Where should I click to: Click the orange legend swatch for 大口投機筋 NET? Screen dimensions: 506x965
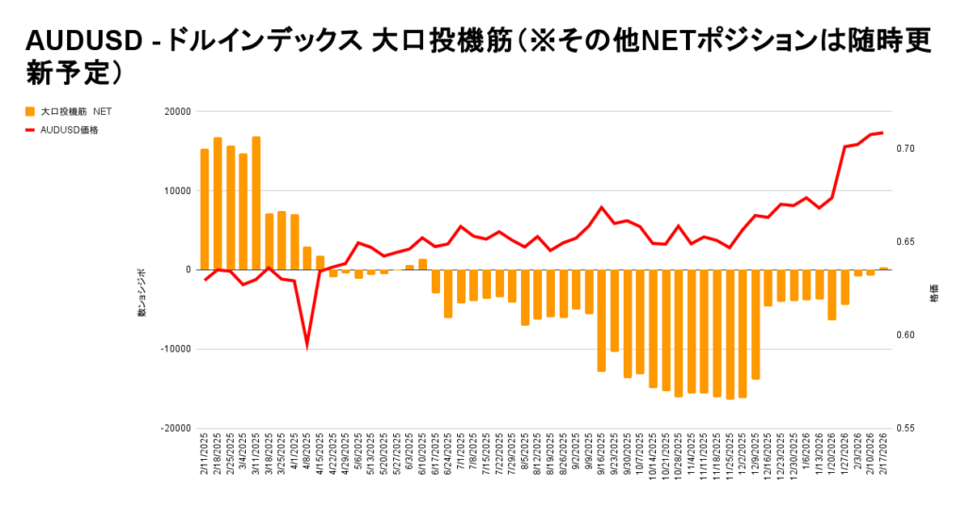tap(30, 111)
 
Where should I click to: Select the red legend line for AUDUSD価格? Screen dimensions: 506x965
tap(30, 130)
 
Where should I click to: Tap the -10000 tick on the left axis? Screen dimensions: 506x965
tap(175, 349)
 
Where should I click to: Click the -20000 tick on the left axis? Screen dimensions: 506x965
tap(175, 428)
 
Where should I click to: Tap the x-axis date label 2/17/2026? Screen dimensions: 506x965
tap(884, 455)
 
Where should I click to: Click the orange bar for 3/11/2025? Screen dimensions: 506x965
tap(256, 204)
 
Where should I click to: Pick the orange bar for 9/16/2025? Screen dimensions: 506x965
tap(601, 320)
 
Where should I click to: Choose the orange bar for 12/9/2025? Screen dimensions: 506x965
tap(755, 324)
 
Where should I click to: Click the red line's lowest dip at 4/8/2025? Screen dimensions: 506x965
tap(307, 346)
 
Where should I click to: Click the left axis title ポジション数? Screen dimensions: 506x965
tap(142, 291)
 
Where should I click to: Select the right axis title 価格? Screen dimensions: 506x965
tap(933, 292)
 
